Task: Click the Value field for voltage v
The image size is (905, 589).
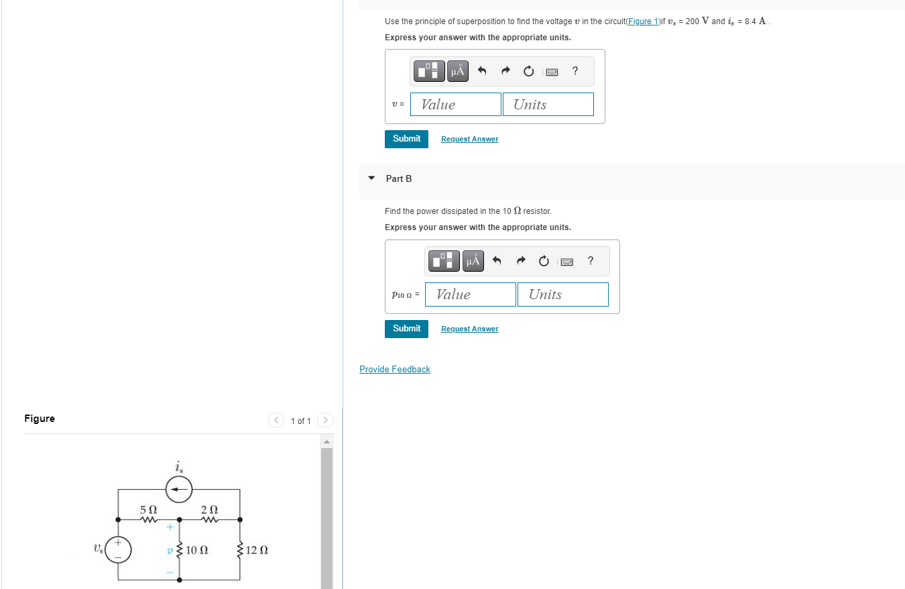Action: pyautogui.click(x=456, y=104)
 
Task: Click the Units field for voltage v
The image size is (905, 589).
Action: pyautogui.click(x=548, y=104)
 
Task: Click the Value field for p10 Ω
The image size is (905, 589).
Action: pyautogui.click(x=471, y=294)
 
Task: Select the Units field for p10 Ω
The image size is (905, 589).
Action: pyautogui.click(x=562, y=294)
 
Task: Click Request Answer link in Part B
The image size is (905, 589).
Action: pyautogui.click(x=469, y=329)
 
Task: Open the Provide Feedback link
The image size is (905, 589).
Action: pyautogui.click(x=395, y=370)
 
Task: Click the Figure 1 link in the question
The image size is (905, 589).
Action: pyautogui.click(x=642, y=21)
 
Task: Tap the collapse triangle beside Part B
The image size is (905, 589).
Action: pyautogui.click(x=371, y=178)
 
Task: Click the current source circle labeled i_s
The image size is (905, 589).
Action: pyautogui.click(x=179, y=490)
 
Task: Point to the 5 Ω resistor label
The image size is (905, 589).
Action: pyautogui.click(x=149, y=510)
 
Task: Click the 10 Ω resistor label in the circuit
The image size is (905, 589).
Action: pyautogui.click(x=196, y=551)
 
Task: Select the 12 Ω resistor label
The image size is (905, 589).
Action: pyautogui.click(x=257, y=551)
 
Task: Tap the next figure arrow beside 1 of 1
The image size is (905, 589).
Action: pyautogui.click(x=325, y=421)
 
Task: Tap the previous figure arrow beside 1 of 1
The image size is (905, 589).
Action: pyautogui.click(x=276, y=421)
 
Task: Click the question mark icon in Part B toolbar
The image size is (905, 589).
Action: pyautogui.click(x=590, y=261)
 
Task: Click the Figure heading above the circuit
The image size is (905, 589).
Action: pyautogui.click(x=40, y=419)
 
